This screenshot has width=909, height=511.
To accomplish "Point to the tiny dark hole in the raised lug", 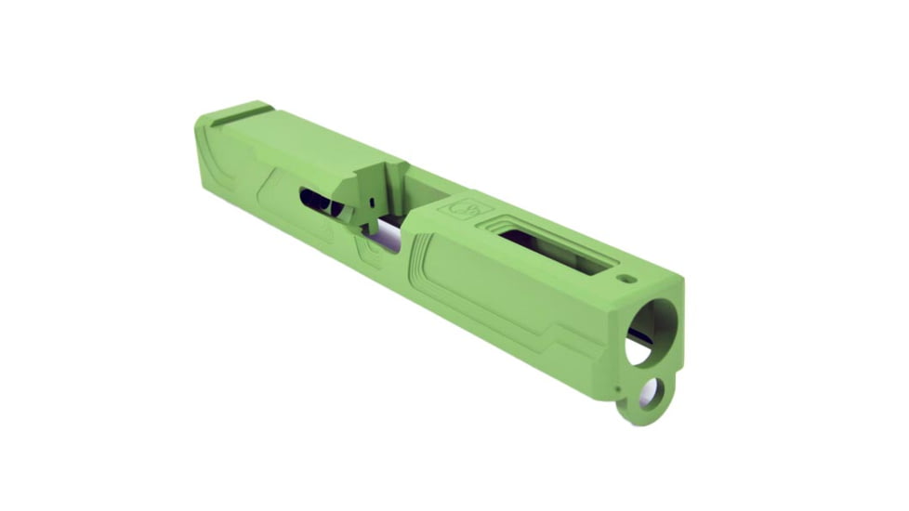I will [x=368, y=199].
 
